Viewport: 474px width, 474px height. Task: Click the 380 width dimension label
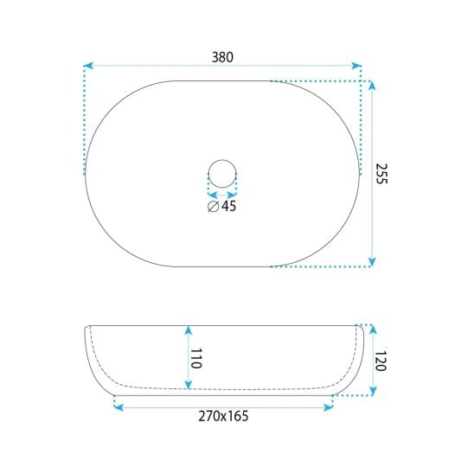coord(222,57)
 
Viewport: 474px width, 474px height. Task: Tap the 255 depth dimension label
coord(381,174)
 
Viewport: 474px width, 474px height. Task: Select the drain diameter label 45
coord(228,206)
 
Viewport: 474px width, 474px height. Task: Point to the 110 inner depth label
coord(195,358)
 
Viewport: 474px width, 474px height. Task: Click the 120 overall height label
coord(381,361)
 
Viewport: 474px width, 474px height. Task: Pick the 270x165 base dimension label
coord(223,416)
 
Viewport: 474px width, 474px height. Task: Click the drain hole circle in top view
coord(222,160)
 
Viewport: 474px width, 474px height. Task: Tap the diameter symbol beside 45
coord(213,207)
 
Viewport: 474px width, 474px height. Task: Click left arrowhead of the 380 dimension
coord(88,66)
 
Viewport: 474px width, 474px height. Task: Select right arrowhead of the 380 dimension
coord(356,66)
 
